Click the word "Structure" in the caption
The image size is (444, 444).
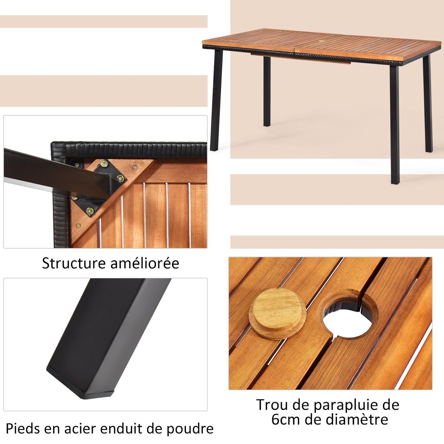(x=74, y=263)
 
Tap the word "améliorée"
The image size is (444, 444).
(x=145, y=263)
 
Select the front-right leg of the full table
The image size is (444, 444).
(x=395, y=125)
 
